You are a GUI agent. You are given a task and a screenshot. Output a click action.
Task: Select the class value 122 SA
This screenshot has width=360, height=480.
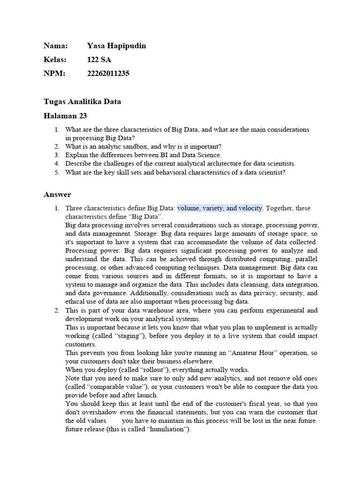pyautogui.click(x=99, y=60)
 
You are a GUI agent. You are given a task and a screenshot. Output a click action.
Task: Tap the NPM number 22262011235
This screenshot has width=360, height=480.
pyautogui.click(x=108, y=74)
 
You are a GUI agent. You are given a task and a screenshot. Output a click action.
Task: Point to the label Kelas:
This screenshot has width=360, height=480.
pyautogui.click(x=55, y=60)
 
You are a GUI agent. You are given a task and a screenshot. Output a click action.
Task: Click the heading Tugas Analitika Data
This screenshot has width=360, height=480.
pyautogui.click(x=82, y=102)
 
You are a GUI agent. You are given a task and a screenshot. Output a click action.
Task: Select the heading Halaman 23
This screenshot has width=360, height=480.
pyautogui.click(x=65, y=116)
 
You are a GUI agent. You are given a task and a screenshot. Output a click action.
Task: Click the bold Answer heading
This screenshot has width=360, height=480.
pyautogui.click(x=57, y=194)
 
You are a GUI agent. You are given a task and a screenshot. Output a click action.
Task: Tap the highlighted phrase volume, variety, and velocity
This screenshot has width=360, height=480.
pyautogui.click(x=220, y=208)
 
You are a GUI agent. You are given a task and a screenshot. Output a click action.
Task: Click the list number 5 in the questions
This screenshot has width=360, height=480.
pyautogui.click(x=56, y=172)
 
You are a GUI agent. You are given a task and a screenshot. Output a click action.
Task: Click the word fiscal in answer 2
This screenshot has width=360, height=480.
pyautogui.click(x=247, y=404)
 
